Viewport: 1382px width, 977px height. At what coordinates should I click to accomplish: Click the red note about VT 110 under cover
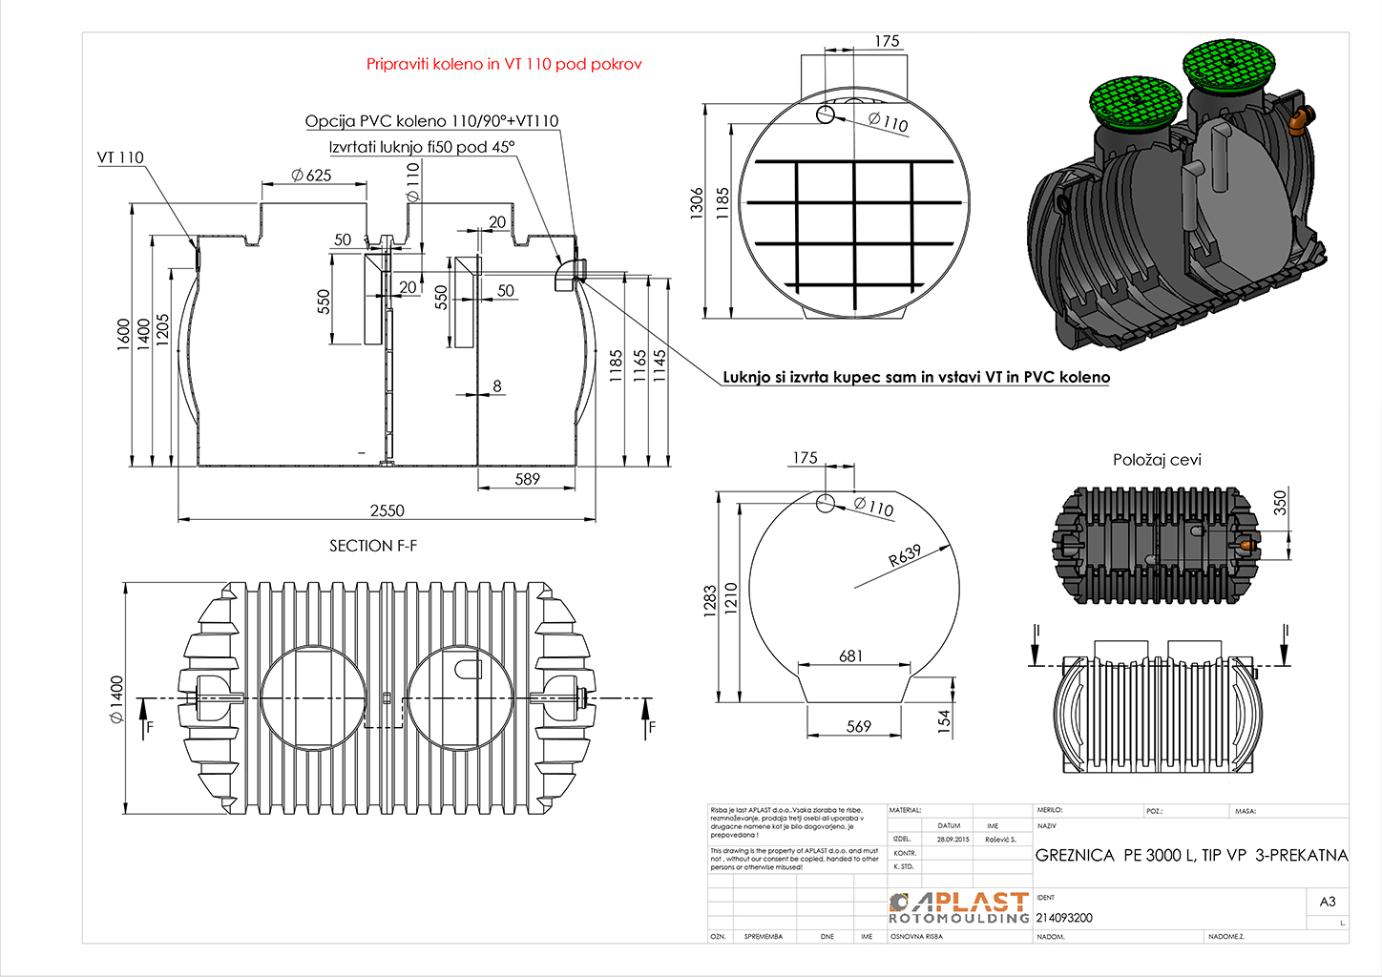coord(504,64)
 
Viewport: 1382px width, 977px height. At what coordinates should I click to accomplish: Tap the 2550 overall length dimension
coord(387,510)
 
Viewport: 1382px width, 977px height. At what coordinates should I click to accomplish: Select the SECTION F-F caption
coord(373,546)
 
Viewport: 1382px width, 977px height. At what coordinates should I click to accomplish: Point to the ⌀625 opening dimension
coord(311,175)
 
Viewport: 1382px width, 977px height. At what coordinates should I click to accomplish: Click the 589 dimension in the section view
coord(528,479)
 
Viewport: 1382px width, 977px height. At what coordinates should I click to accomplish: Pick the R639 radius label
coord(905,555)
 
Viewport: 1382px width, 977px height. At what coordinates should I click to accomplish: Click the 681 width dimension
coord(850,655)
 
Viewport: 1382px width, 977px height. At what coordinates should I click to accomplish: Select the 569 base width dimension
coord(859,726)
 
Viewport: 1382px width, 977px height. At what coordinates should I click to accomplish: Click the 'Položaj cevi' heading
coord(1157,460)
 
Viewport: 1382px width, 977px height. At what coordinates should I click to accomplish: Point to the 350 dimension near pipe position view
coord(1281,502)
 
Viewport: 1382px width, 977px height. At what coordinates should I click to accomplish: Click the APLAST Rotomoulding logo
coord(959,907)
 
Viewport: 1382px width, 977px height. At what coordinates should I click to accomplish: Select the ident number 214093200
coord(1064,918)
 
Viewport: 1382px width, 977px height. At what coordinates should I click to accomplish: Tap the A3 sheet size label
coord(1328,902)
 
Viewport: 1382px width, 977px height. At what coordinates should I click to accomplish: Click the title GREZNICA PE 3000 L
coord(1191,855)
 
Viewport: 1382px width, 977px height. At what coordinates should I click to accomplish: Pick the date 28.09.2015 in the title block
coord(952,840)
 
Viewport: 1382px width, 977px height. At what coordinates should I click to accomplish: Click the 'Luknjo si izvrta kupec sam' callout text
coord(916,377)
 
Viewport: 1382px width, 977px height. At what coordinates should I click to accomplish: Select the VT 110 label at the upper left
coord(120,157)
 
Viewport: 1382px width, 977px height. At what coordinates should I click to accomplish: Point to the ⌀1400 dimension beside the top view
coord(116,699)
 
